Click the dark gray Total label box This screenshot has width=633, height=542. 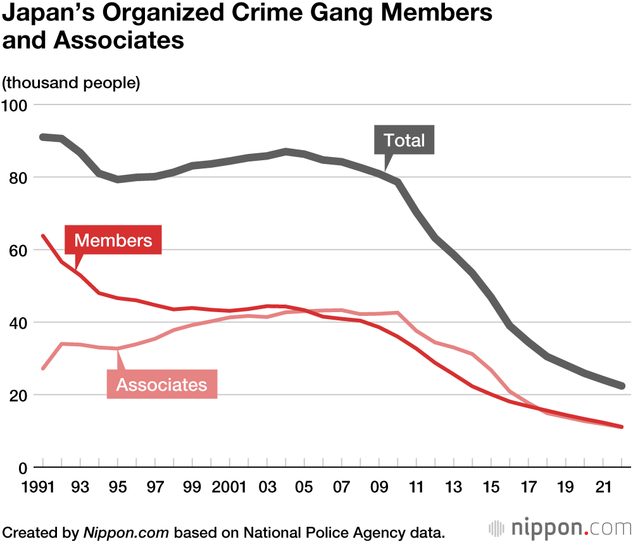pos(404,140)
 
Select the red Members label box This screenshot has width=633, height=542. pos(113,241)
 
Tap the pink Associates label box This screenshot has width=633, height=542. pos(162,384)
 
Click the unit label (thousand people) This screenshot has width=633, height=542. pos(72,83)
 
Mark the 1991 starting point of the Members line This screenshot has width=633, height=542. pos(42,236)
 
